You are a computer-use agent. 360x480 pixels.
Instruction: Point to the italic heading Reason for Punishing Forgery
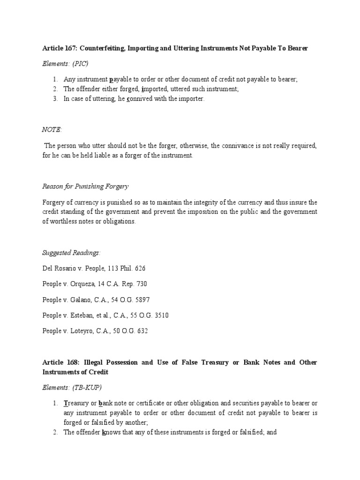pos(85,186)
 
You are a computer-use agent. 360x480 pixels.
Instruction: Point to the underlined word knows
pos(111,433)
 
